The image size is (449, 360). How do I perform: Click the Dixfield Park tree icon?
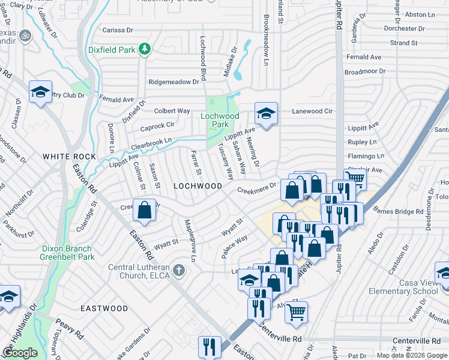(144, 50)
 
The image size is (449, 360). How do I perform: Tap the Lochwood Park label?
(220, 120)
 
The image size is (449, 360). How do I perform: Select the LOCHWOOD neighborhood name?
(198, 186)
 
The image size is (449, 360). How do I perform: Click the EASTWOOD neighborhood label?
(104, 308)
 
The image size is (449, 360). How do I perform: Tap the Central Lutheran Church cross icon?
(178, 271)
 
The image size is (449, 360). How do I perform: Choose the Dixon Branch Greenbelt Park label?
(67, 253)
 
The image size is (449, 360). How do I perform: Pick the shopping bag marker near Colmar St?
(145, 211)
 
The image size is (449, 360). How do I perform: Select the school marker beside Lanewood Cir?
(266, 112)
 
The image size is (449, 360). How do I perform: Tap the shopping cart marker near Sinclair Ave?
(355, 178)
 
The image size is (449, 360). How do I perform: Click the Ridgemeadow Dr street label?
(173, 82)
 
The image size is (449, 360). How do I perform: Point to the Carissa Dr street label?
(118, 30)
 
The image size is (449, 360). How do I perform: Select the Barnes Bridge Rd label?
(399, 211)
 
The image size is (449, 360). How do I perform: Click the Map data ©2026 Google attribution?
(412, 355)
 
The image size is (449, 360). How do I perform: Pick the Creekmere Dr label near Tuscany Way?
(256, 189)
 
